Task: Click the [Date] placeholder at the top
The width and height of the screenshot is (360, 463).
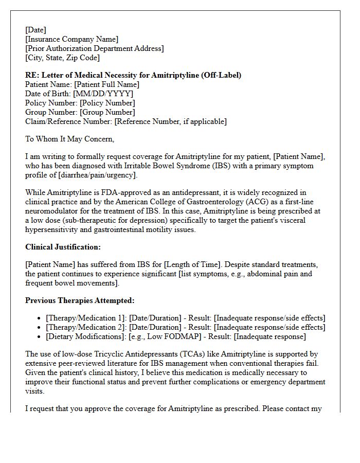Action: point(35,30)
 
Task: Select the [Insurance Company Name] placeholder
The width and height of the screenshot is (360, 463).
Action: point(71,39)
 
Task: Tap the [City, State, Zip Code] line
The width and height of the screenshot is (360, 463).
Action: point(62,58)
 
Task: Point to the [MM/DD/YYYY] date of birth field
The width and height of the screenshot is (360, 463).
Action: point(103,94)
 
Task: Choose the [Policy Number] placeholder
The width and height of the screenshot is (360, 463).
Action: point(107,103)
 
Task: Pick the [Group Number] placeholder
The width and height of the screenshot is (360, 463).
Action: point(107,112)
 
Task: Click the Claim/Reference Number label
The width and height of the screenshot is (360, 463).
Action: point(68,121)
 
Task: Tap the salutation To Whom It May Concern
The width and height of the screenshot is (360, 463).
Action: point(69,139)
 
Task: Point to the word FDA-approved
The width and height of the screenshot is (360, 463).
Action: point(106,192)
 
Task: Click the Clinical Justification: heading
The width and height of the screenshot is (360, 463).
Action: point(63,247)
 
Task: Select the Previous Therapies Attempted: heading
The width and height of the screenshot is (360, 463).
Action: point(80,300)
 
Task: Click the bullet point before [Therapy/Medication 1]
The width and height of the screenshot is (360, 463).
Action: point(40,318)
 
